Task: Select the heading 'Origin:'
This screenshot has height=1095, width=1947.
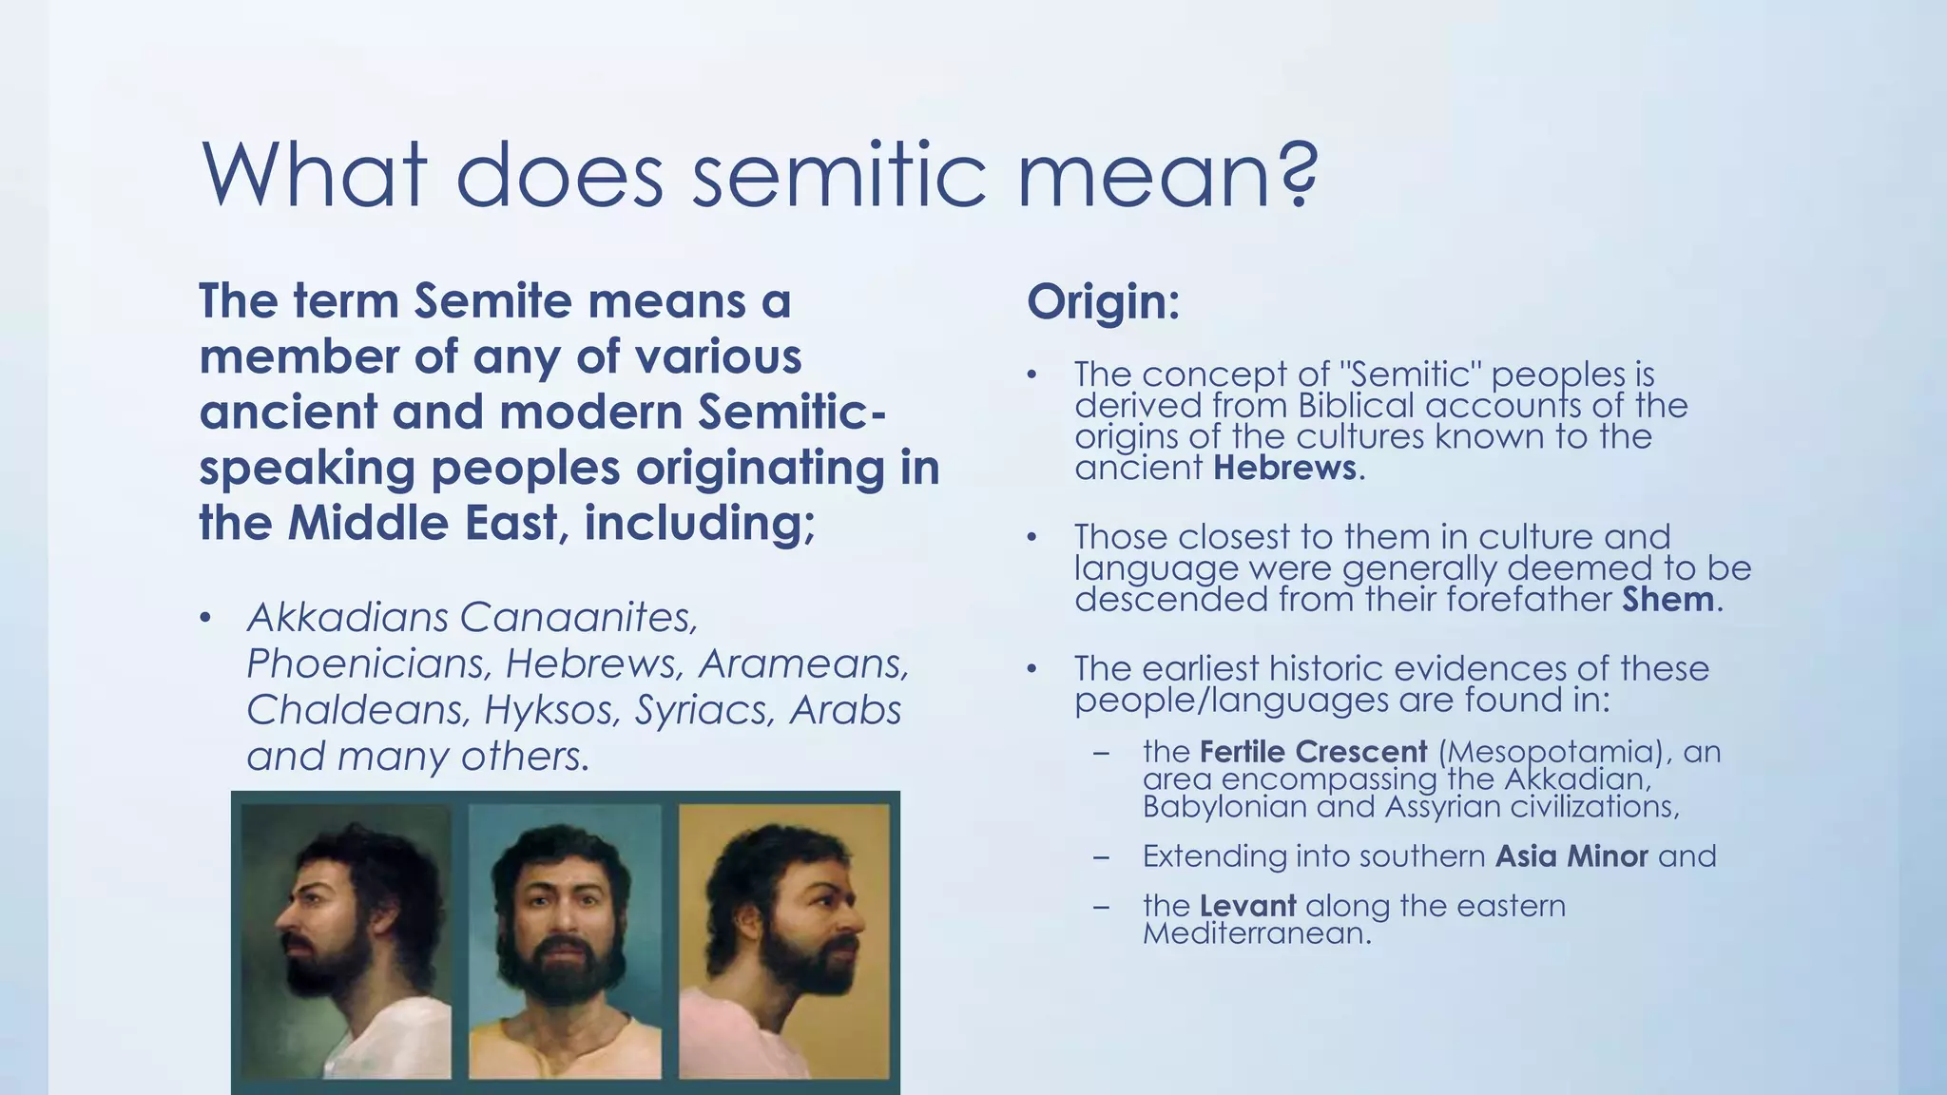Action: (x=1103, y=302)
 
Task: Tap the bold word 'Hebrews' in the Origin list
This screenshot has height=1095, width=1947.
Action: (x=1284, y=468)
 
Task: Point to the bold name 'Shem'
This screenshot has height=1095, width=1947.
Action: (x=1668, y=600)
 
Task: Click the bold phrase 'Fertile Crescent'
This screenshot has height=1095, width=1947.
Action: (x=1313, y=752)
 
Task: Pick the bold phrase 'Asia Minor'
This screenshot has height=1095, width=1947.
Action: (x=1571, y=856)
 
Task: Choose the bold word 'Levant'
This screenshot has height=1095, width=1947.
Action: (x=1247, y=906)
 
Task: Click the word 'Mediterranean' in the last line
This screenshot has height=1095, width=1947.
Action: (x=1255, y=933)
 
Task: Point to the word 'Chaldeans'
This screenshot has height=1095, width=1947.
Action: (x=358, y=710)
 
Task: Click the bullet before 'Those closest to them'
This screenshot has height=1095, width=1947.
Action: (x=1031, y=538)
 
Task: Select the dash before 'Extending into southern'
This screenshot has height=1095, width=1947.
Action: (x=1102, y=856)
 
